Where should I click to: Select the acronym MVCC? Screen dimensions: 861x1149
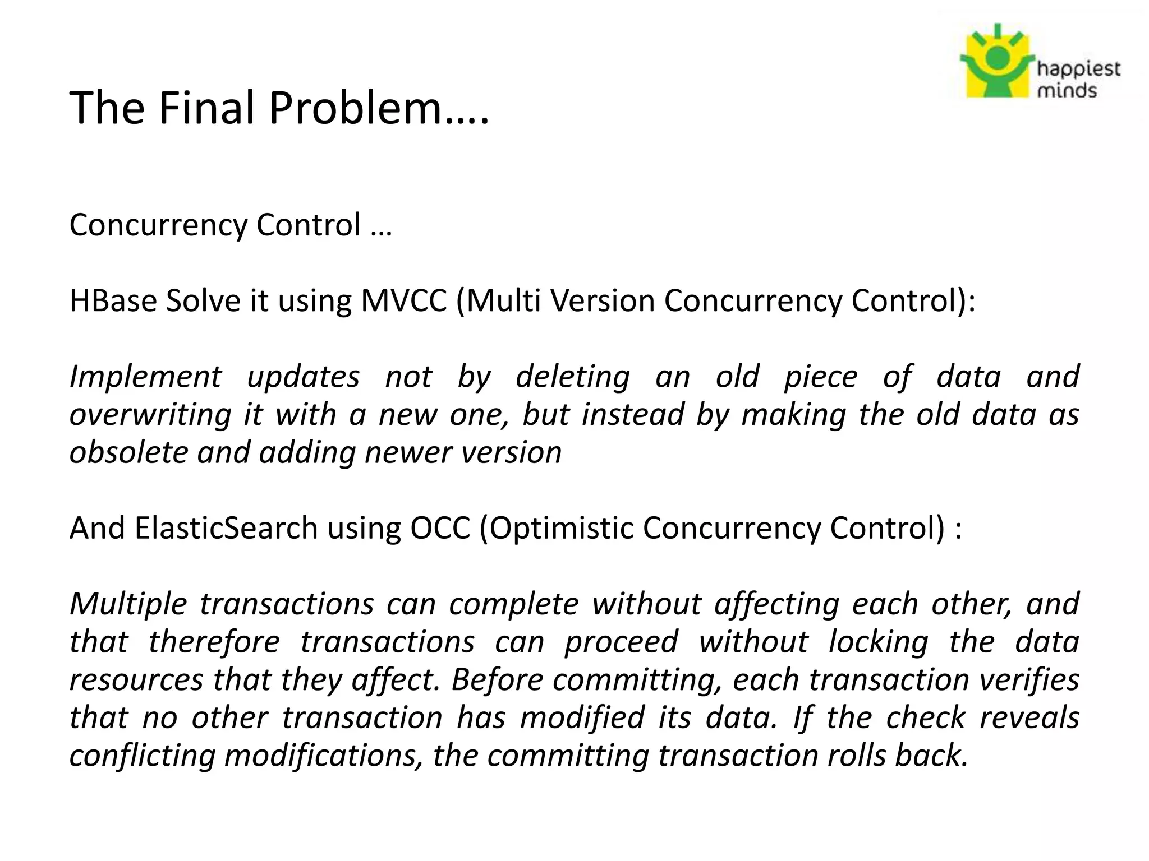(x=403, y=300)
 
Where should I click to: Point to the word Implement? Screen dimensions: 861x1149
(x=145, y=377)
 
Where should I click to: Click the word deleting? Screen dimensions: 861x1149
(x=572, y=377)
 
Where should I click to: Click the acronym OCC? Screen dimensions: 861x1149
(x=440, y=528)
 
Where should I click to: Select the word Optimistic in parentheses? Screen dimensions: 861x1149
(x=561, y=528)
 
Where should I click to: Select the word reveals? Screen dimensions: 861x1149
(x=1029, y=717)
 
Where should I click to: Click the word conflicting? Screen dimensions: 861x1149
(x=143, y=756)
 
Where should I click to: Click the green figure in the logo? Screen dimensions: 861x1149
(x=997, y=70)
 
